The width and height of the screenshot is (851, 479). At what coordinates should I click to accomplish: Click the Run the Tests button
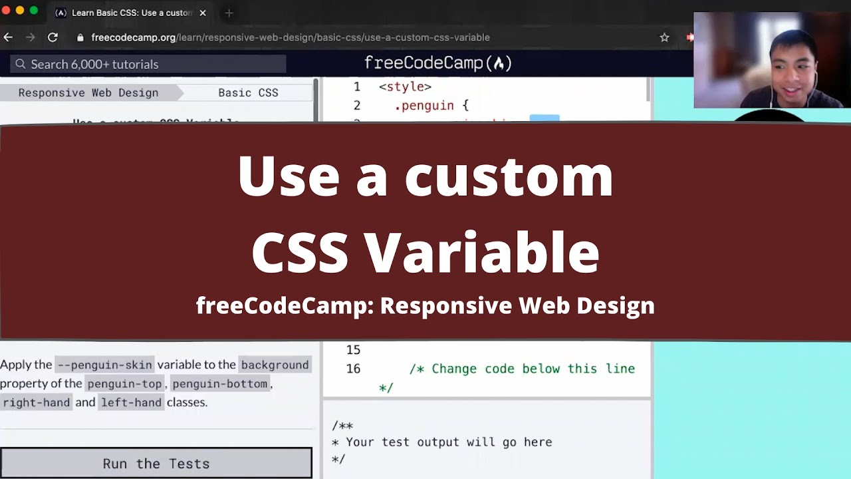pos(156,463)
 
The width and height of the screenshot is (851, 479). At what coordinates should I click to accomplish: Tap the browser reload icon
pos(53,37)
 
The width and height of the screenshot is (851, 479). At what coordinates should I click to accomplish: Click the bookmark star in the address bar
pos(664,37)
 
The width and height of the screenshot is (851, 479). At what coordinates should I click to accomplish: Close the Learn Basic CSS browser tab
pos(203,13)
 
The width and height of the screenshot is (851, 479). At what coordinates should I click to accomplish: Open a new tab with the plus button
pos(229,13)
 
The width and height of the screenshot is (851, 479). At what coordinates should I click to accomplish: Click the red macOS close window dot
pos(7,11)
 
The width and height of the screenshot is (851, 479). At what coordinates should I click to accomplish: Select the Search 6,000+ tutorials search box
pos(148,64)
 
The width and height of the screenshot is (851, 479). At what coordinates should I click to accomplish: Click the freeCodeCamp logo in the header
pos(438,63)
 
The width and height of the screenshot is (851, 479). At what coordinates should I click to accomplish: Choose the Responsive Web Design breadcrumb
pos(88,92)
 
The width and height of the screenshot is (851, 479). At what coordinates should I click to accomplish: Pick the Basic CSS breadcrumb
pos(248,92)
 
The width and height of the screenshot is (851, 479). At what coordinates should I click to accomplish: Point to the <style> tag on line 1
pos(405,86)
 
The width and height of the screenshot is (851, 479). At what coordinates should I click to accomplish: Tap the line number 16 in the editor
pos(353,369)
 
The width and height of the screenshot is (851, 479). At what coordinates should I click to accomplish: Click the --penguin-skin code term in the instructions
pos(104,365)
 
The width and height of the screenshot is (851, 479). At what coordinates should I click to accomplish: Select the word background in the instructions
pos(275,365)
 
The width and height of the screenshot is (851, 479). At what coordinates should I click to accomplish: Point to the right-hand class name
pos(37,402)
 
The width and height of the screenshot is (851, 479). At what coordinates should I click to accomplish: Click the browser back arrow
pos(9,37)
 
